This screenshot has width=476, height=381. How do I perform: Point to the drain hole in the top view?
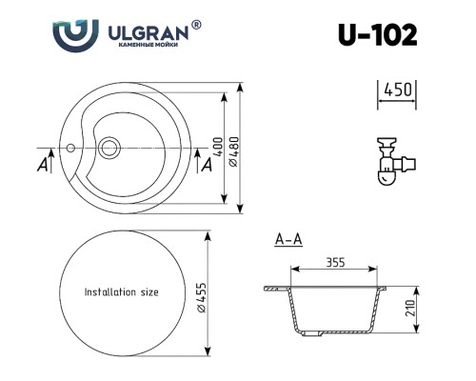110,148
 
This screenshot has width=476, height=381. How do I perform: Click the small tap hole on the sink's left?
69,149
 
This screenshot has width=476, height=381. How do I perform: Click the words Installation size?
121,292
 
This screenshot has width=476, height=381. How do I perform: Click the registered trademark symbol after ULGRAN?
196,24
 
